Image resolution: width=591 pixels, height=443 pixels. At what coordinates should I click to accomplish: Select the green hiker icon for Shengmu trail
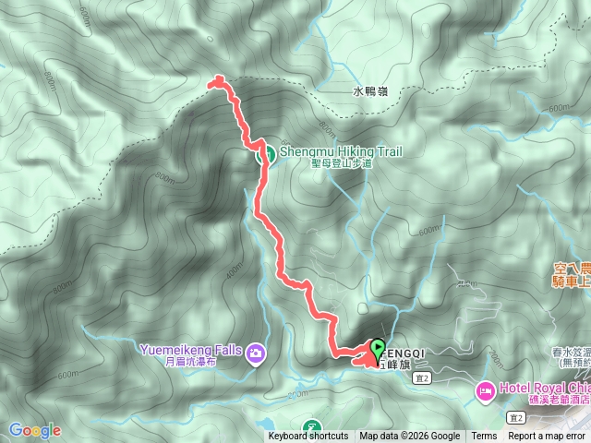point(263,154)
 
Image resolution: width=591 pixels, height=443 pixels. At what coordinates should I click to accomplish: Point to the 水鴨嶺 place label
point(370,91)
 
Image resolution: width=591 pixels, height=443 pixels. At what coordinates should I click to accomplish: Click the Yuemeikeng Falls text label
point(190,350)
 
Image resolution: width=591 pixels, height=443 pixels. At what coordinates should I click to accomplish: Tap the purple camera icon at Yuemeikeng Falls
point(256,352)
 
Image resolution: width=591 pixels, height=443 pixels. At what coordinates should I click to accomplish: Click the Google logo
point(34,429)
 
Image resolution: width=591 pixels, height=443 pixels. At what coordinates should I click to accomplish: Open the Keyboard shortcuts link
point(308,437)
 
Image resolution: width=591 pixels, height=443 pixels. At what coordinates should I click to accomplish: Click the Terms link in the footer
point(484,437)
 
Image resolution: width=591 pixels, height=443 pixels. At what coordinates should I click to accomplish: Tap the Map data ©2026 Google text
point(410,437)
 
